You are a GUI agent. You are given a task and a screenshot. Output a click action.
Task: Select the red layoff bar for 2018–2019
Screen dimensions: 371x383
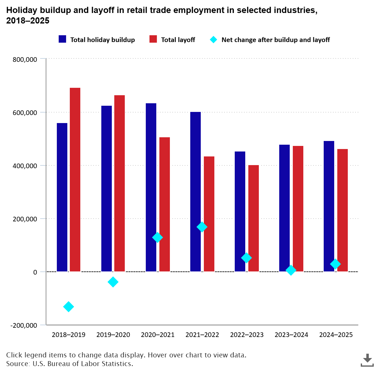click(x=75, y=180)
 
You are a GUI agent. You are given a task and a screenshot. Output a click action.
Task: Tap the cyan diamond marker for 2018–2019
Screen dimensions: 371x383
click(x=69, y=307)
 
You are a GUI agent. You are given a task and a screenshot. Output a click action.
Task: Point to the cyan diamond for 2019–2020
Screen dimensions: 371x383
click(x=113, y=282)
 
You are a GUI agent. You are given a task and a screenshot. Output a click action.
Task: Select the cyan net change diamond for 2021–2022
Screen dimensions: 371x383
click(x=202, y=227)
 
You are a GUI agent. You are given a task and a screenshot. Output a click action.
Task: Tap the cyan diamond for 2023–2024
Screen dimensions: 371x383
click(x=291, y=270)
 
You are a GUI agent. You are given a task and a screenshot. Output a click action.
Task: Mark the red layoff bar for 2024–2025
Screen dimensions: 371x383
click(x=343, y=210)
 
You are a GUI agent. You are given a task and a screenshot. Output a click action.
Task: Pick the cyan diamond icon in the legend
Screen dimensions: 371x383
click(x=213, y=40)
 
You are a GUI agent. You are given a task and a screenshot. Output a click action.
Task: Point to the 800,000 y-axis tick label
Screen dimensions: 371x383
click(x=25, y=60)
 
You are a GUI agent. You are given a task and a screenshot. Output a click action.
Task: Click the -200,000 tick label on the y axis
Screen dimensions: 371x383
click(x=24, y=326)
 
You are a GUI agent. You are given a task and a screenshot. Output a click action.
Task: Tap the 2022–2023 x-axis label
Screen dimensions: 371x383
click(x=247, y=335)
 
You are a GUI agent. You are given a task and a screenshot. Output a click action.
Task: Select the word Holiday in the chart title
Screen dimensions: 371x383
click(x=19, y=10)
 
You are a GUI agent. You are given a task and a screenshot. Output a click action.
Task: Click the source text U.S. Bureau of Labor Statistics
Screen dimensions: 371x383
click(x=83, y=364)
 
